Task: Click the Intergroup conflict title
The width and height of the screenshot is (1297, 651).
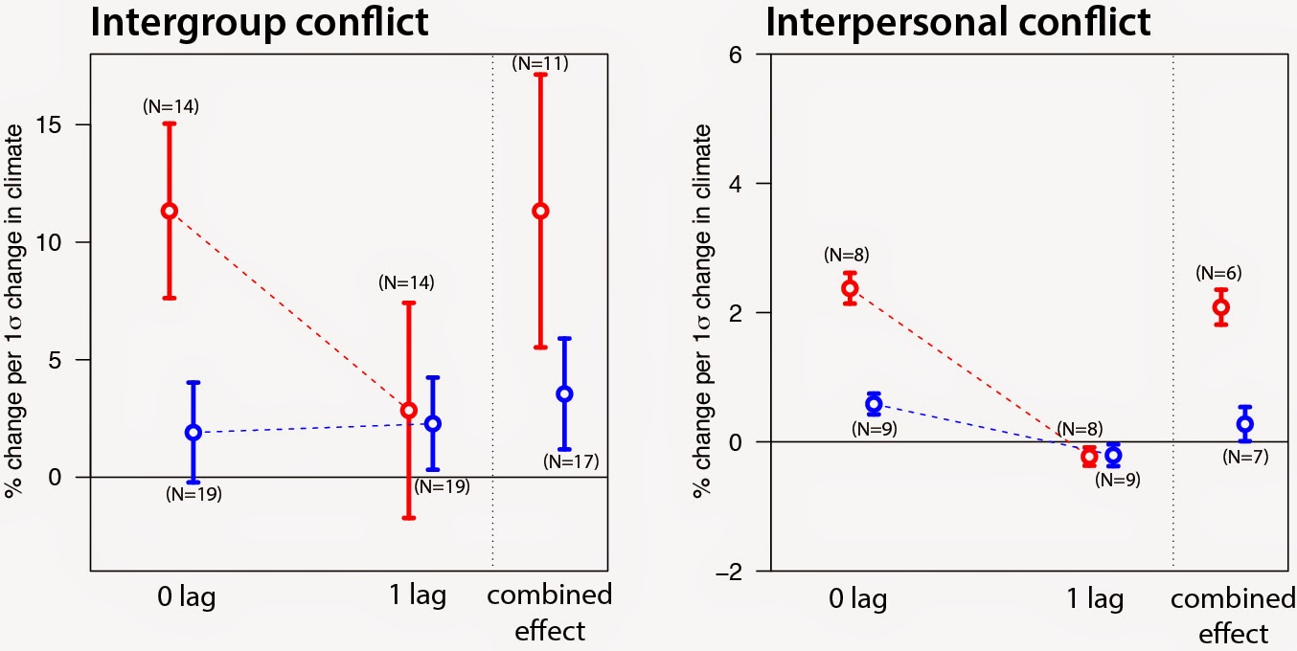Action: click(x=259, y=22)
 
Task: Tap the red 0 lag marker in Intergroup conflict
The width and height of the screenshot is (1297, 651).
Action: click(x=169, y=211)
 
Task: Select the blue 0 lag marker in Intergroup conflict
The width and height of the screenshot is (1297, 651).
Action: click(x=193, y=432)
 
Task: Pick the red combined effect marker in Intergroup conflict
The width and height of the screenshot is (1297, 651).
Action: click(x=540, y=211)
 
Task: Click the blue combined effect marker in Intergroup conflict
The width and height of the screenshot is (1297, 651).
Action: click(x=564, y=393)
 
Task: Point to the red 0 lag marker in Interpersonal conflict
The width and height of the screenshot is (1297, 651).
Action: click(x=850, y=288)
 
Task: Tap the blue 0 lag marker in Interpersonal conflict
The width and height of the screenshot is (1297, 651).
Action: click(x=874, y=404)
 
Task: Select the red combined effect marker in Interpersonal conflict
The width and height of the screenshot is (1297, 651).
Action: click(x=1221, y=307)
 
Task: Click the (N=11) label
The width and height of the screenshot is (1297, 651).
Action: click(x=541, y=63)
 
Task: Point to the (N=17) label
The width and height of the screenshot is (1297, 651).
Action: click(x=570, y=461)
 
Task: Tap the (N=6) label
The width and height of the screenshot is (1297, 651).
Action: click(x=1218, y=273)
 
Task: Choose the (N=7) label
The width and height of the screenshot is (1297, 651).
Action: click(x=1245, y=457)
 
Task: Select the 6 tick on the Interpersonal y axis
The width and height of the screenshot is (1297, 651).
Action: click(x=736, y=55)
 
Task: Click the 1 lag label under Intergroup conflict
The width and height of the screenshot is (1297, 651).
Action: click(x=412, y=596)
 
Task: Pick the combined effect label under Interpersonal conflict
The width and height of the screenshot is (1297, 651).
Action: click(x=1232, y=616)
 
